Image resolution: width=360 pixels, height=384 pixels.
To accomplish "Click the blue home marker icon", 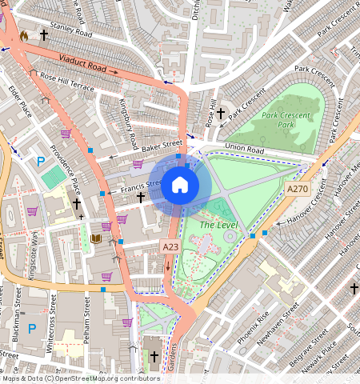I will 180,186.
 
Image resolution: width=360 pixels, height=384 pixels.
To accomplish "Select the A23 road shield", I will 169,247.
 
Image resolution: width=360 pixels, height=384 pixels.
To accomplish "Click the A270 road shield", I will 297,189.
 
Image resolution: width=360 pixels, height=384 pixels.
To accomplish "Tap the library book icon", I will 96,238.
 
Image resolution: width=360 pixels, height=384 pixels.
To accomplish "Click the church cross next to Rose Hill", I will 220,113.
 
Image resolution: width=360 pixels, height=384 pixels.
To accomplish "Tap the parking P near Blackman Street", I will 32,328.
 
